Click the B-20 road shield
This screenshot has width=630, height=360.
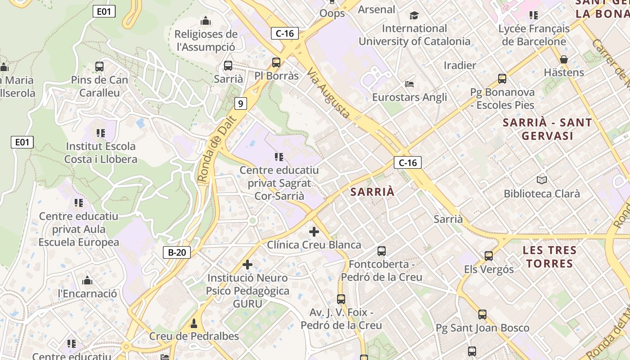click(177, 252)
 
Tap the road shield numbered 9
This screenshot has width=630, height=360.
click(240, 103)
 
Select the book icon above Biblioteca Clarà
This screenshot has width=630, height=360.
click(542, 180)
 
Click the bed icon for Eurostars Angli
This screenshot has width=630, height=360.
click(409, 84)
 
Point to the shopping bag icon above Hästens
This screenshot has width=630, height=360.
click(563, 59)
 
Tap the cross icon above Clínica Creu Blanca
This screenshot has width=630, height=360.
click(314, 232)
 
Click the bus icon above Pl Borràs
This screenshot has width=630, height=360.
click(276, 63)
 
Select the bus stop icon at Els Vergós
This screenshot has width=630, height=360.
click(489, 256)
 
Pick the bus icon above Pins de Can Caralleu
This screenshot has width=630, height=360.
click(99, 67)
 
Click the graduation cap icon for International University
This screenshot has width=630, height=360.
click(414, 16)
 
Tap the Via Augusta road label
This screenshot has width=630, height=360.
click(329, 93)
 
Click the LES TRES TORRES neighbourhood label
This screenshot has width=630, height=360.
click(549, 256)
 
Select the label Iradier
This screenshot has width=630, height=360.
click(460, 65)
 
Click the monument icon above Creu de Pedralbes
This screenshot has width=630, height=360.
click(194, 323)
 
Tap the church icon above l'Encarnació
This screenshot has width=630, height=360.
click(87, 281)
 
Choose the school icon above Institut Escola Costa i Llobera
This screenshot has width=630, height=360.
click(100, 133)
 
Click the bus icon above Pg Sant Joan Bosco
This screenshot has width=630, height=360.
click(482, 314)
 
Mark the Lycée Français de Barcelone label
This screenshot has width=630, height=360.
click(534, 35)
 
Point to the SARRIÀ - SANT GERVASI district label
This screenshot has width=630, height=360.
click(547, 129)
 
